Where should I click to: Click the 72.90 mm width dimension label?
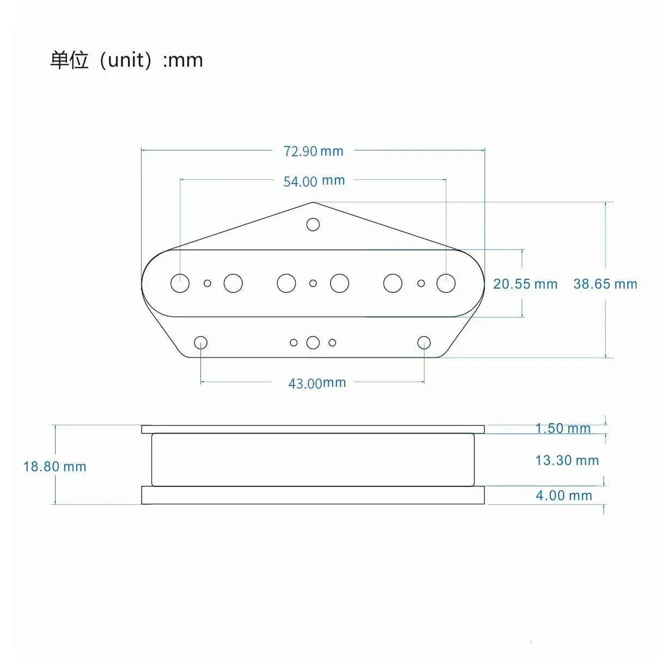coord(313,151)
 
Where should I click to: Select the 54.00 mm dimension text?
coord(314,181)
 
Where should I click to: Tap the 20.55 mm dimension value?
coord(525,284)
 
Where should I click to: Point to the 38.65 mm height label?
coord(604,284)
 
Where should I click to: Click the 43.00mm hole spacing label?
coord(317,383)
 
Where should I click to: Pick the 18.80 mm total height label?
coord(54,466)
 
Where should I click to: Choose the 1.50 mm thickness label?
coord(563,428)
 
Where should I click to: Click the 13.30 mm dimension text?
coord(566,460)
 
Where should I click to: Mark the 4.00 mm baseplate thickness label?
coord(564,495)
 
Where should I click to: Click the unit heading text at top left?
coord(126,60)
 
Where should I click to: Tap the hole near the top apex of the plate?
coord(313,224)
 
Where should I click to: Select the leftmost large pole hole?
coord(180,283)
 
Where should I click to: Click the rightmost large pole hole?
coord(446,283)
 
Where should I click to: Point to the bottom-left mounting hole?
coord(201,343)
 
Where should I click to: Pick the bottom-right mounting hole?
coord(424,343)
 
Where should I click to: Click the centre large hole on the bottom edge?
coord(313,343)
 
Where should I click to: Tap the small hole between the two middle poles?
coord(313,283)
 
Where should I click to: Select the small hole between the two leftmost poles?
coord(207,283)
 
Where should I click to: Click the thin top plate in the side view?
coord(313,429)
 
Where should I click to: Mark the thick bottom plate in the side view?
coord(313,495)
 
